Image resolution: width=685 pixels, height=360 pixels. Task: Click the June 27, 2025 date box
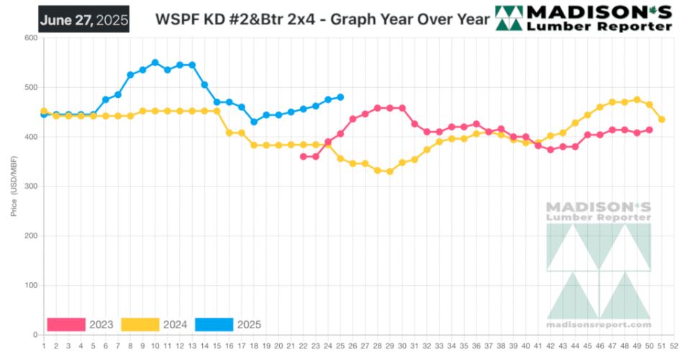84,19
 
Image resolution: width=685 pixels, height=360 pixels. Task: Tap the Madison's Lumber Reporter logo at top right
584,19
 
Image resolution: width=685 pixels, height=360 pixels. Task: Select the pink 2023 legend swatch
66,325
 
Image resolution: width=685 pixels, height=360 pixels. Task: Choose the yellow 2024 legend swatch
140,325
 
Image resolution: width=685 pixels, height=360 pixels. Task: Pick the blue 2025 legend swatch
214,325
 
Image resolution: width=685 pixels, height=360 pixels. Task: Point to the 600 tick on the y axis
30,38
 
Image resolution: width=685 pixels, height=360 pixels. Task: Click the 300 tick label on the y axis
30,186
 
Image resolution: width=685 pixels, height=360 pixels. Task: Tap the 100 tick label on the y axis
30,285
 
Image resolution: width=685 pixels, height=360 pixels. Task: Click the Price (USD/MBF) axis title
14,186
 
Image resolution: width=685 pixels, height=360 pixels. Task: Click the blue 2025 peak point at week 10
155,63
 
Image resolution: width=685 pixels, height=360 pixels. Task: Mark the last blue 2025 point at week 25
340,97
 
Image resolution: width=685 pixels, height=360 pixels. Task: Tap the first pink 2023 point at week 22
303,156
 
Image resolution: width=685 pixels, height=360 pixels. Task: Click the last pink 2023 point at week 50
649,130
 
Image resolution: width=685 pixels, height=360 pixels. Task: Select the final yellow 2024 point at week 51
661,120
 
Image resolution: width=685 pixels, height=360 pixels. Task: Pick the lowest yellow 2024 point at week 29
389,171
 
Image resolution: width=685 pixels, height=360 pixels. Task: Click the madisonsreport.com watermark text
599,325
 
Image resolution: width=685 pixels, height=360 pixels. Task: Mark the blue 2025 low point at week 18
253,122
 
